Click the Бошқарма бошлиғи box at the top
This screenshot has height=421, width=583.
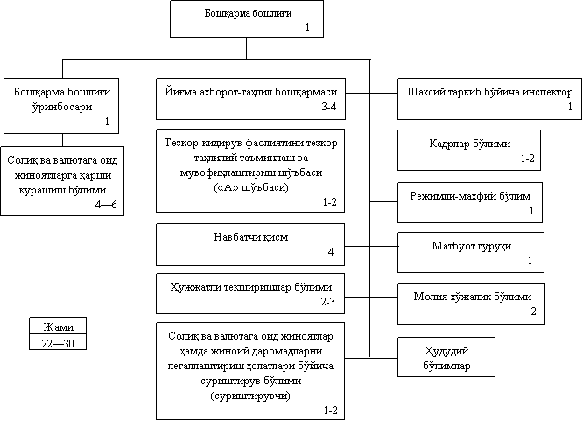(247, 18)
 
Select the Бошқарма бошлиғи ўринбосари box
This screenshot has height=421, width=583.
(62, 104)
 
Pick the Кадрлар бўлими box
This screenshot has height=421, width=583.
(469, 150)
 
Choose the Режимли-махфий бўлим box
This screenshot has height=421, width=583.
(469, 200)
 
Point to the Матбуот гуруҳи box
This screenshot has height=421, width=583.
(469, 250)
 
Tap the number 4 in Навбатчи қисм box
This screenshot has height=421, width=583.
(331, 252)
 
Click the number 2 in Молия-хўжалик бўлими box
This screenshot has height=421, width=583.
(533, 312)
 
